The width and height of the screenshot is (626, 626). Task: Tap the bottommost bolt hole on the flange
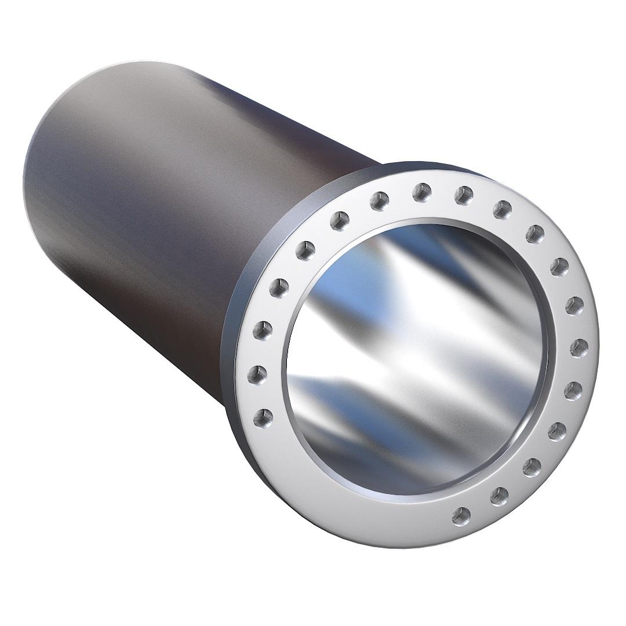tap(461, 514)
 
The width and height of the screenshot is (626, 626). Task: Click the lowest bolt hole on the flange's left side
tap(264, 415)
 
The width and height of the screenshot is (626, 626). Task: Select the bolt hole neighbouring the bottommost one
tap(498, 494)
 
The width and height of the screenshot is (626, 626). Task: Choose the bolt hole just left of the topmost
tap(380, 200)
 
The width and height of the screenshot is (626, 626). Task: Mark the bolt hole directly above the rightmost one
tap(574, 304)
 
